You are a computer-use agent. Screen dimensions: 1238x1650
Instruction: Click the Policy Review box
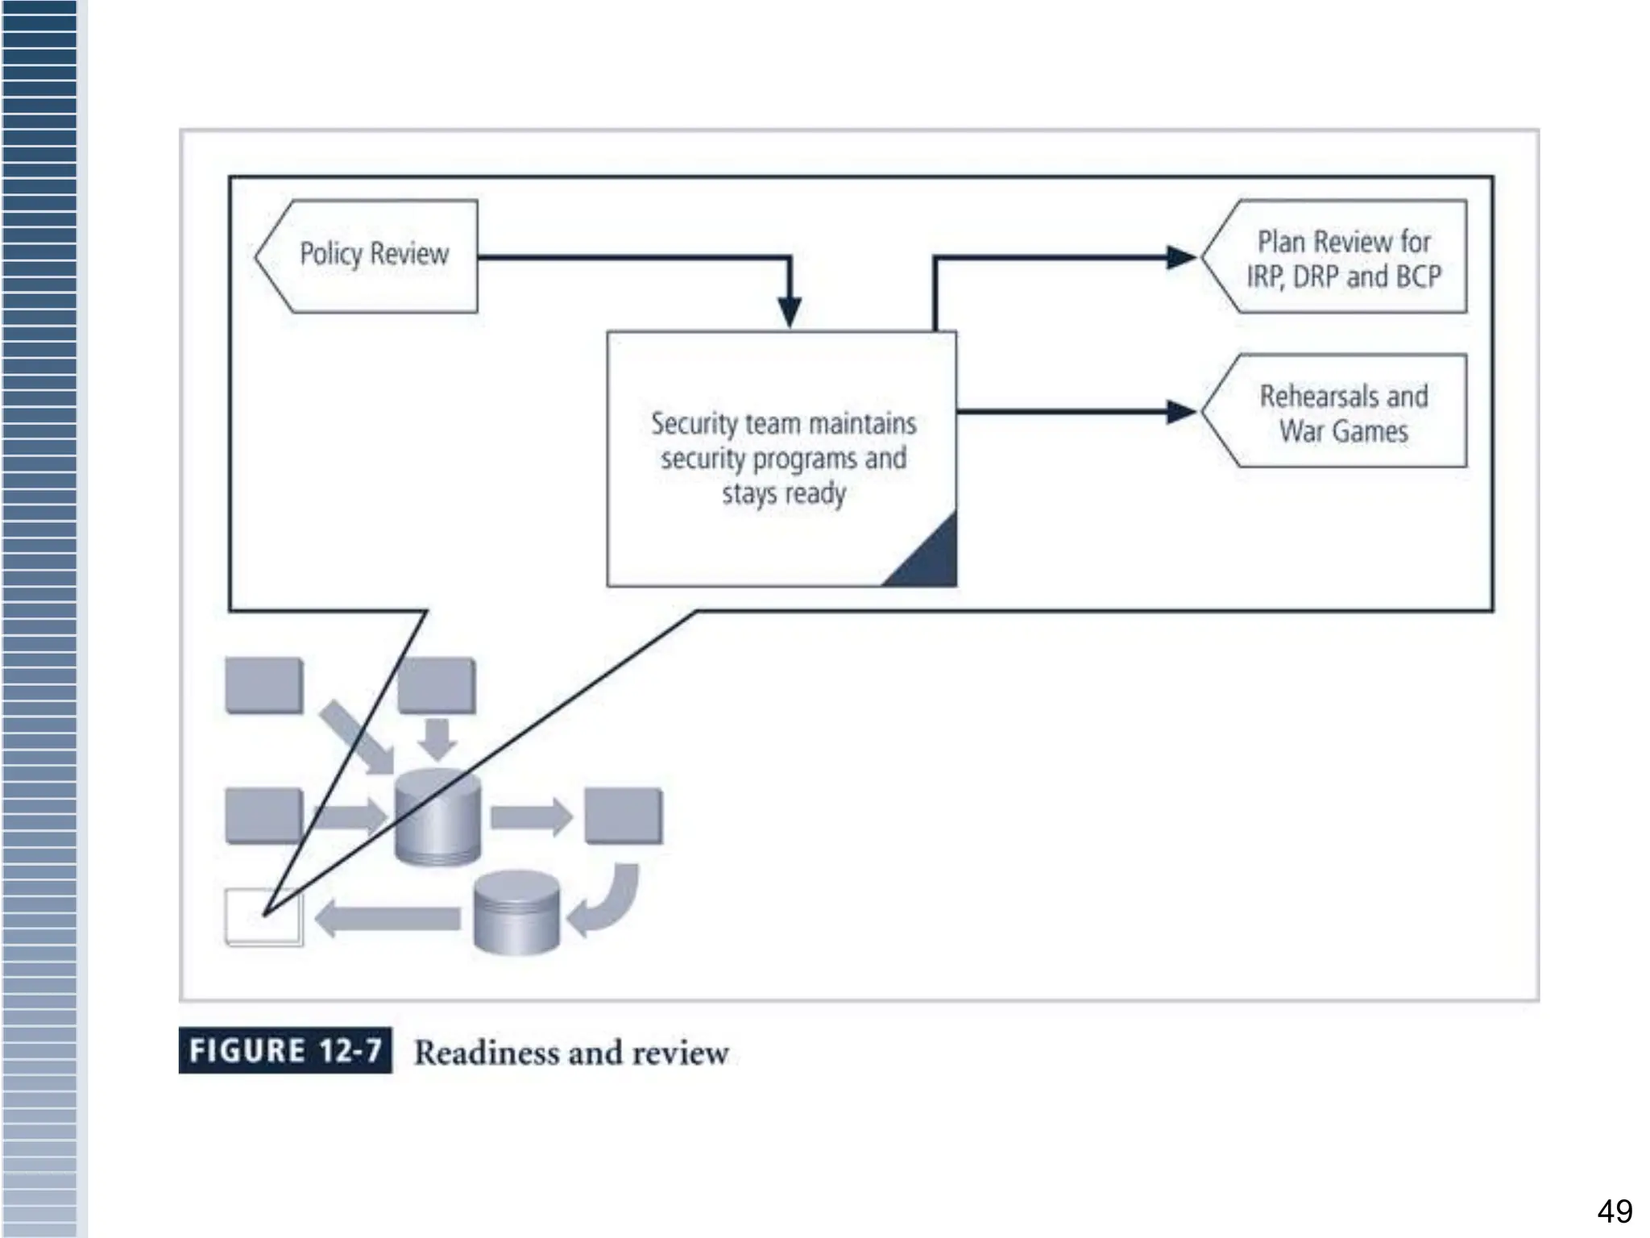tap(373, 255)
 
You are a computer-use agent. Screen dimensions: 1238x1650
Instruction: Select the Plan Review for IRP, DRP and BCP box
tap(1343, 258)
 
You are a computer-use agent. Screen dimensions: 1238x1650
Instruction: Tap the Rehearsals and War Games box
tap(1343, 413)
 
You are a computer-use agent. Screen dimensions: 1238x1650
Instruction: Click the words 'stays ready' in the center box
tap(783, 493)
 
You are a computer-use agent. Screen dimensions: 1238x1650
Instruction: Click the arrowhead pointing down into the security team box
tap(790, 311)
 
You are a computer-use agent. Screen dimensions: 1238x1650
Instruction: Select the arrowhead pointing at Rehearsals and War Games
tap(1181, 412)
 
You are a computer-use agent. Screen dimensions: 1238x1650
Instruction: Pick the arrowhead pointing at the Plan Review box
tap(1181, 258)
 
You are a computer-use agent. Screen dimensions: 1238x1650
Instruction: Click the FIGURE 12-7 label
tap(285, 1050)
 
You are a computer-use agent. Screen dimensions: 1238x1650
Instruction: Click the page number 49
tap(1615, 1211)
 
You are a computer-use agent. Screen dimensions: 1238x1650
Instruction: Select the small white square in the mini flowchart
tap(263, 917)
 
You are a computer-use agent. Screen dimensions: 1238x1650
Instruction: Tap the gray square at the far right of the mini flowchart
tap(623, 816)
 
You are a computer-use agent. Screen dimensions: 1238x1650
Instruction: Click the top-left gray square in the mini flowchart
tap(264, 686)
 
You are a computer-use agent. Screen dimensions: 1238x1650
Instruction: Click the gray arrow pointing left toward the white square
tap(387, 919)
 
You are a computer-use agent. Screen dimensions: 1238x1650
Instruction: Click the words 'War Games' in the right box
tap(1343, 431)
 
